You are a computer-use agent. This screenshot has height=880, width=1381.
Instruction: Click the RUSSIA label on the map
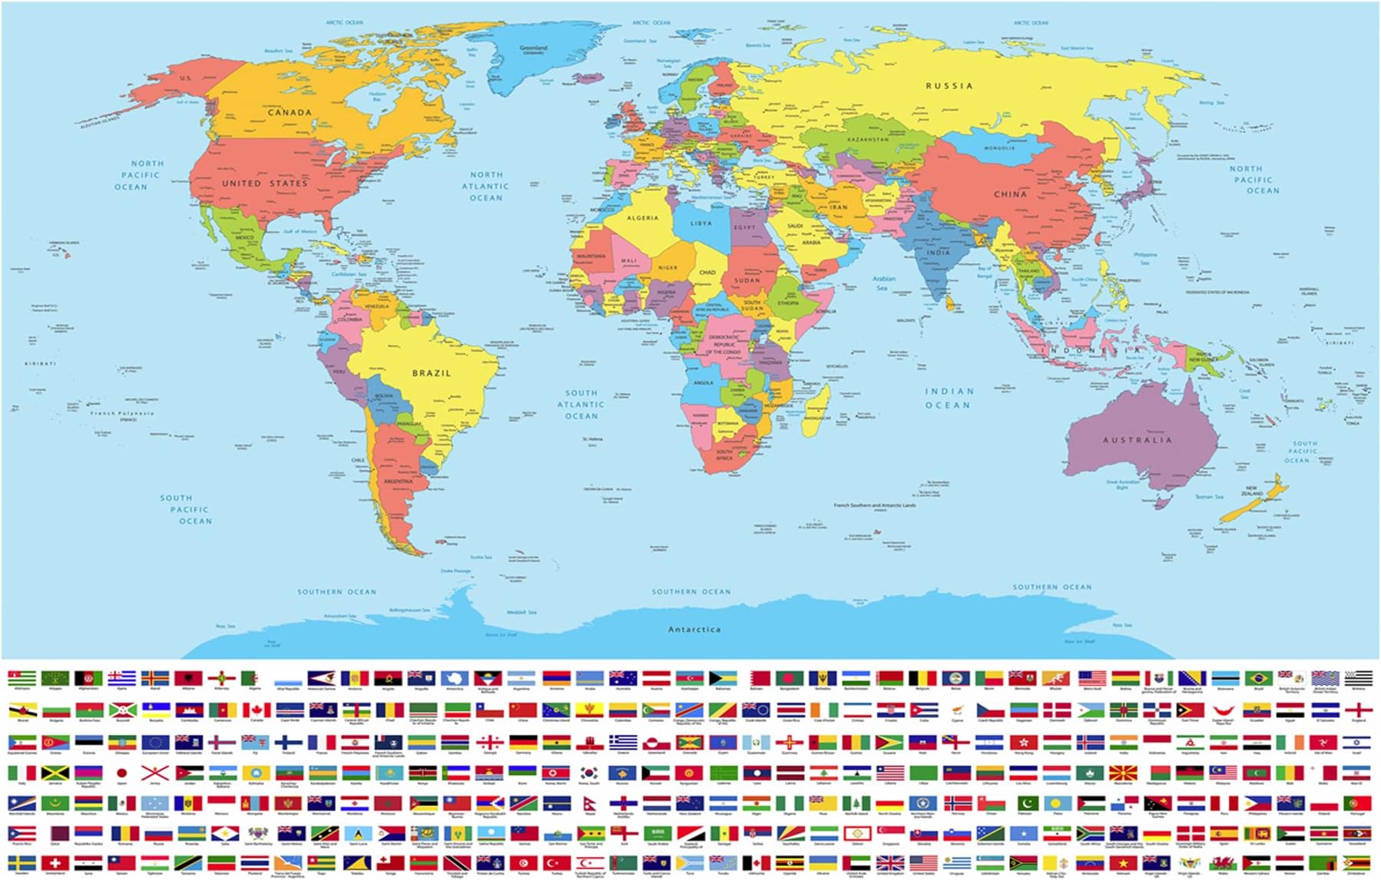tap(949, 86)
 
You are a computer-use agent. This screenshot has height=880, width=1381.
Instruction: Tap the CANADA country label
tap(290, 112)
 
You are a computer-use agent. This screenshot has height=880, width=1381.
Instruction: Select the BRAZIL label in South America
tap(431, 373)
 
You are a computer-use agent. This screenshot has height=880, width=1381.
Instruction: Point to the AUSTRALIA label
tap(1138, 440)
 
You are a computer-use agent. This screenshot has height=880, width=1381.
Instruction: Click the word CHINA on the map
tap(1010, 194)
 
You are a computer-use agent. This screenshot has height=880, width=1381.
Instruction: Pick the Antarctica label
tap(694, 630)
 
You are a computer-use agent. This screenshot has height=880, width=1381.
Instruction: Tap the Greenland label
tap(533, 48)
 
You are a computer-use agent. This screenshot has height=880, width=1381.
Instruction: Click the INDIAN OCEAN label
tap(948, 398)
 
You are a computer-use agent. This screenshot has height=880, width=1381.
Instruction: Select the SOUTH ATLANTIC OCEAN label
tap(581, 405)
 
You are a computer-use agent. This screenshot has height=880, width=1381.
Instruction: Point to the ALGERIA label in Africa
tap(642, 218)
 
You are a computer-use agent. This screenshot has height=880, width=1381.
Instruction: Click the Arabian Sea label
tap(883, 283)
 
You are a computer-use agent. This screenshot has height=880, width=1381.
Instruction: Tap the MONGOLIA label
tap(999, 147)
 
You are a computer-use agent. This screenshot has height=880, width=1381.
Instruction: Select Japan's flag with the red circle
tap(121, 772)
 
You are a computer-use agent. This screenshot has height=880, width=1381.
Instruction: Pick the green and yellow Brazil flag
tap(1257, 679)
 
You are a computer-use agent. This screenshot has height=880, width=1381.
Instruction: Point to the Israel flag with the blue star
tap(1356, 742)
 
